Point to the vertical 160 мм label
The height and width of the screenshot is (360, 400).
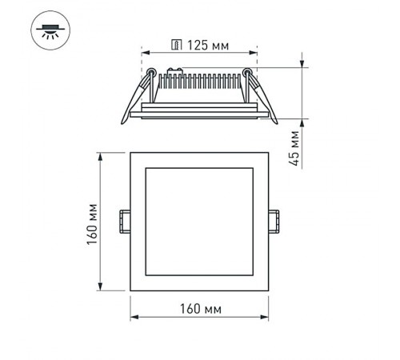coord(93,223)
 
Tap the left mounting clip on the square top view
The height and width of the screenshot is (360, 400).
coord(125,221)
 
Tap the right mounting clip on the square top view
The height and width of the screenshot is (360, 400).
coord(274,221)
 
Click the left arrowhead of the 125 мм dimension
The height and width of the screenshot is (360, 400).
coord(146,54)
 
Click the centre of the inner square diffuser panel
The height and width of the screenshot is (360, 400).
coord(200,221)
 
